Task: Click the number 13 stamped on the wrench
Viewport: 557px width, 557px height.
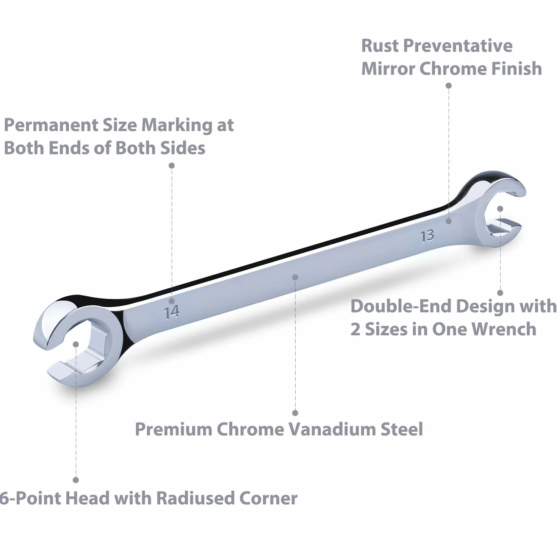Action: (x=427, y=236)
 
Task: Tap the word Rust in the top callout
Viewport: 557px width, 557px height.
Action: (x=380, y=46)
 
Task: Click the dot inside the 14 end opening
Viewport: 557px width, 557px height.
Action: (x=76, y=344)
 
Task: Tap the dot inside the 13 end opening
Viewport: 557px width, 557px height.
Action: (x=500, y=209)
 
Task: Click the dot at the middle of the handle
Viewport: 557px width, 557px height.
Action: (x=295, y=277)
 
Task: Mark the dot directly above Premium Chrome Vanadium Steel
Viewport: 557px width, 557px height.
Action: (x=295, y=413)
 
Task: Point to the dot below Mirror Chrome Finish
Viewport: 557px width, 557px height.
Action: (x=449, y=86)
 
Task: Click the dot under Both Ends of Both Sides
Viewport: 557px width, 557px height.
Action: (x=172, y=165)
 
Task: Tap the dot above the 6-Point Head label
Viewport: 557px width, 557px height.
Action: (x=76, y=480)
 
